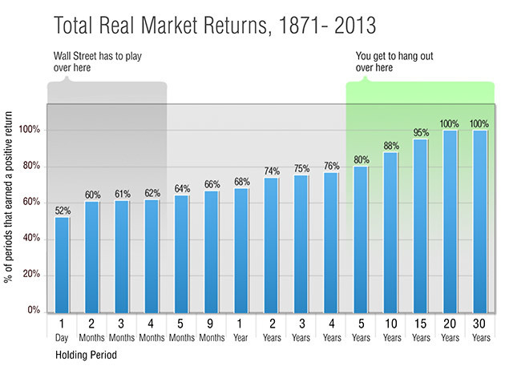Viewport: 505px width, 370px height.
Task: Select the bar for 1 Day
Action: pos(63,264)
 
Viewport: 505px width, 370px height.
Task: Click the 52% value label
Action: pos(63,211)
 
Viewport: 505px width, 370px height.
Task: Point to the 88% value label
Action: pos(390,145)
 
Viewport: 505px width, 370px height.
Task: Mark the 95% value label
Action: pos(420,133)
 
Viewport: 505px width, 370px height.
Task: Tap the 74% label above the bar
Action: pos(271,171)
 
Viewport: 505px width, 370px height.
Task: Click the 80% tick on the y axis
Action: pos(30,167)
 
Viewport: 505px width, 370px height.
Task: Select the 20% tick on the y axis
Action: pos(30,275)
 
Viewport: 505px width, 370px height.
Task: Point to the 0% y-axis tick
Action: pos(31,311)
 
